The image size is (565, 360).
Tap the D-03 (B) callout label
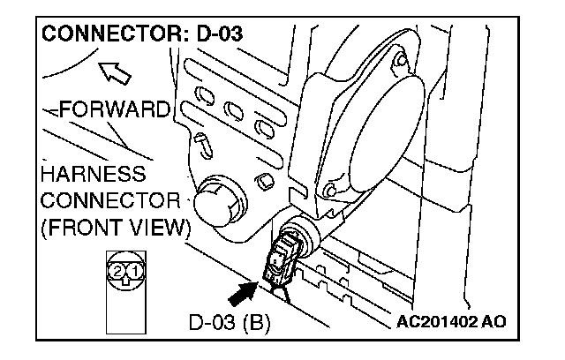point(230,321)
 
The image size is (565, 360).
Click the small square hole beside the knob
point(262,184)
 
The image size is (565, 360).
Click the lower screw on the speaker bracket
point(330,190)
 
